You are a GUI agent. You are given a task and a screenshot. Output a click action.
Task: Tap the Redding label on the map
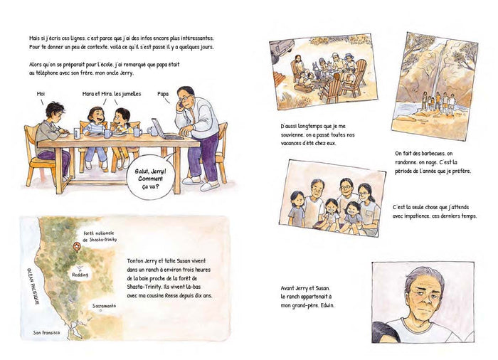coord(80,275)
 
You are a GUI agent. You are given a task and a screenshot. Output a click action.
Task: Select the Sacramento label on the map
coord(104,306)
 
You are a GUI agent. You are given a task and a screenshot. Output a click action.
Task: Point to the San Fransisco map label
coord(46,333)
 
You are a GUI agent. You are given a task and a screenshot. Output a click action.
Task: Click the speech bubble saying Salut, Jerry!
coord(151,178)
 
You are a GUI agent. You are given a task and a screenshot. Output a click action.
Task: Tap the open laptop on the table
coord(164,129)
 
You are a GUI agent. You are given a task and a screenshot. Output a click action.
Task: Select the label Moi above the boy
coord(41,94)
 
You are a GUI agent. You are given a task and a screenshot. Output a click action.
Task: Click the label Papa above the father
coord(163,94)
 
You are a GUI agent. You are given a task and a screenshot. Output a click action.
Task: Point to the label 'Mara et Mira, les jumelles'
coord(112,94)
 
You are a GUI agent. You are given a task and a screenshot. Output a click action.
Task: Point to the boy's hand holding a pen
coord(65,130)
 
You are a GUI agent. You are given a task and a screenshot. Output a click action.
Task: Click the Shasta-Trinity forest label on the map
coord(100,236)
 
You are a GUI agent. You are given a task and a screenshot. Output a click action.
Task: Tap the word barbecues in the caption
coord(433,154)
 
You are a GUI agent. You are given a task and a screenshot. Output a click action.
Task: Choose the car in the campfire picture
coord(282,48)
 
